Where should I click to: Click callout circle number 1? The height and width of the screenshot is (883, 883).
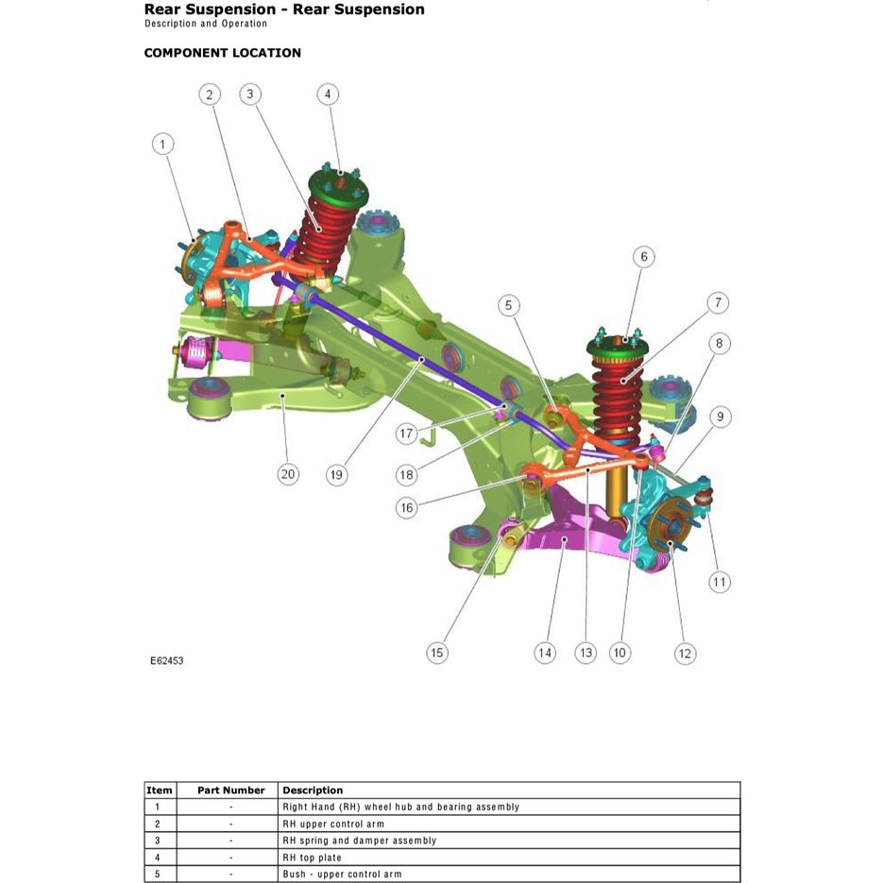[x=163, y=144]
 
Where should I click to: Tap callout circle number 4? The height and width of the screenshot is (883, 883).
[x=327, y=93]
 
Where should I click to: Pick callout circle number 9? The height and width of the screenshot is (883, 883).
[x=722, y=416]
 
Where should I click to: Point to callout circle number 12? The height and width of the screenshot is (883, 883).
[x=685, y=653]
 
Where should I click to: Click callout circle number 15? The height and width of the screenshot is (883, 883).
[x=436, y=653]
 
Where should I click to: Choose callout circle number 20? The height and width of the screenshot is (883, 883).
[x=288, y=474]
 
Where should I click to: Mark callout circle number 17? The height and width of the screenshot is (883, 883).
[x=406, y=434]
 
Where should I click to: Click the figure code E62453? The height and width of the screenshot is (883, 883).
[x=166, y=661]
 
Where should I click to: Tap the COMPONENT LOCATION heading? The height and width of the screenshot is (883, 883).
[x=222, y=53]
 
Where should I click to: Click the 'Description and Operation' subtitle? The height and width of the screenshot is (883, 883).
[x=205, y=25]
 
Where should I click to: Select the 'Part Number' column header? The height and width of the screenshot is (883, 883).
[x=230, y=790]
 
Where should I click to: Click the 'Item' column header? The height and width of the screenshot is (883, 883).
[x=160, y=790]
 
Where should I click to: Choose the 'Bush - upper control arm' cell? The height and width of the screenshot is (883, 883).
[x=341, y=874]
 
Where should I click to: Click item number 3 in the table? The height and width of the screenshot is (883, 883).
[x=158, y=841]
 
